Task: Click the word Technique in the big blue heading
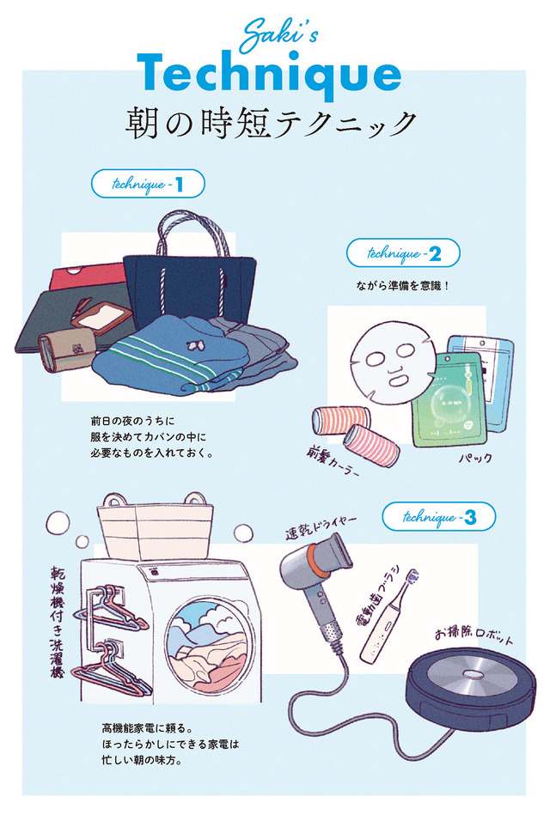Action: tap(269, 74)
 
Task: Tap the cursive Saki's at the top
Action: tap(278, 34)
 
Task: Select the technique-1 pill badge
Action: tap(148, 184)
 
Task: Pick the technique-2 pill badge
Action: tap(403, 253)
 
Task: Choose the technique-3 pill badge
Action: tap(438, 517)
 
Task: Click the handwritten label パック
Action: tap(475, 458)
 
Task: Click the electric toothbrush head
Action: tap(414, 576)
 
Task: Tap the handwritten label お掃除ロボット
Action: tap(474, 636)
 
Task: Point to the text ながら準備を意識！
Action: tap(403, 287)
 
